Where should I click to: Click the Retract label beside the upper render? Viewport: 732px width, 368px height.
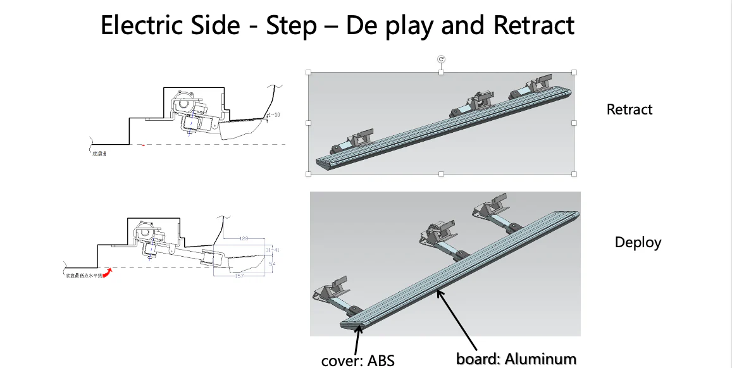point(629,109)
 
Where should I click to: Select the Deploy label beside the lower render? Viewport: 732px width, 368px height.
point(638,242)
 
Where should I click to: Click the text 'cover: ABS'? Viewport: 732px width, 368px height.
point(357,360)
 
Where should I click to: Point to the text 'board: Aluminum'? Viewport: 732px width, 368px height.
point(516,359)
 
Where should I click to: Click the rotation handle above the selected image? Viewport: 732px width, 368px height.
point(442,59)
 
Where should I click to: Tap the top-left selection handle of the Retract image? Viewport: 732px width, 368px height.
point(309,72)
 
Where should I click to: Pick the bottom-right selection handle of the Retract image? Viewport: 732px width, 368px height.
point(574,174)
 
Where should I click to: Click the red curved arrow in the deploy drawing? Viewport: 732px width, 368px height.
point(108,273)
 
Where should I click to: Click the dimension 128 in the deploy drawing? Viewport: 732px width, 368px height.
point(244,238)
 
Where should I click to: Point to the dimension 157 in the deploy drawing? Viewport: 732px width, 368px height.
point(239,276)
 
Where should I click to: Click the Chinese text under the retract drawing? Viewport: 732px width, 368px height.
point(99,152)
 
